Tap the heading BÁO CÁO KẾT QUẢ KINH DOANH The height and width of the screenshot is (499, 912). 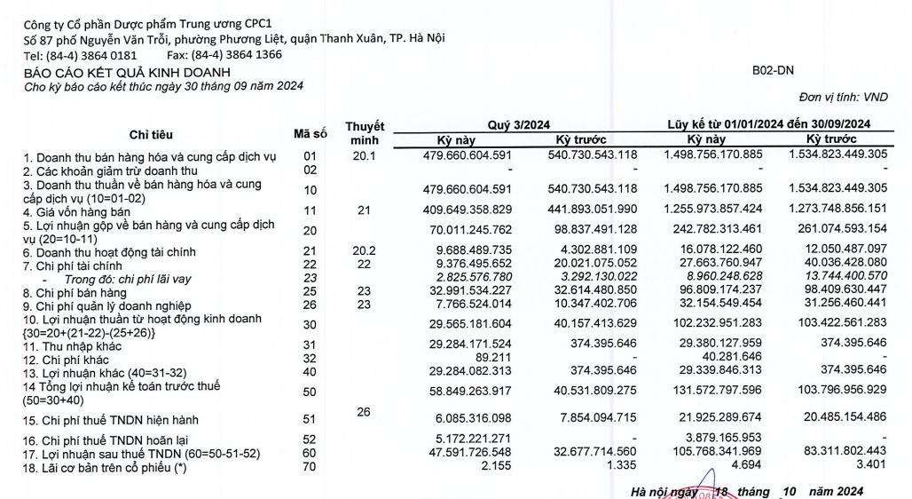point(127,72)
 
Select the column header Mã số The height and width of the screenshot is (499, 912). point(311,133)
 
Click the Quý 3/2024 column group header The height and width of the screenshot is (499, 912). point(519,125)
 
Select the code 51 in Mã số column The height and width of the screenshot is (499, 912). point(311,419)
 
